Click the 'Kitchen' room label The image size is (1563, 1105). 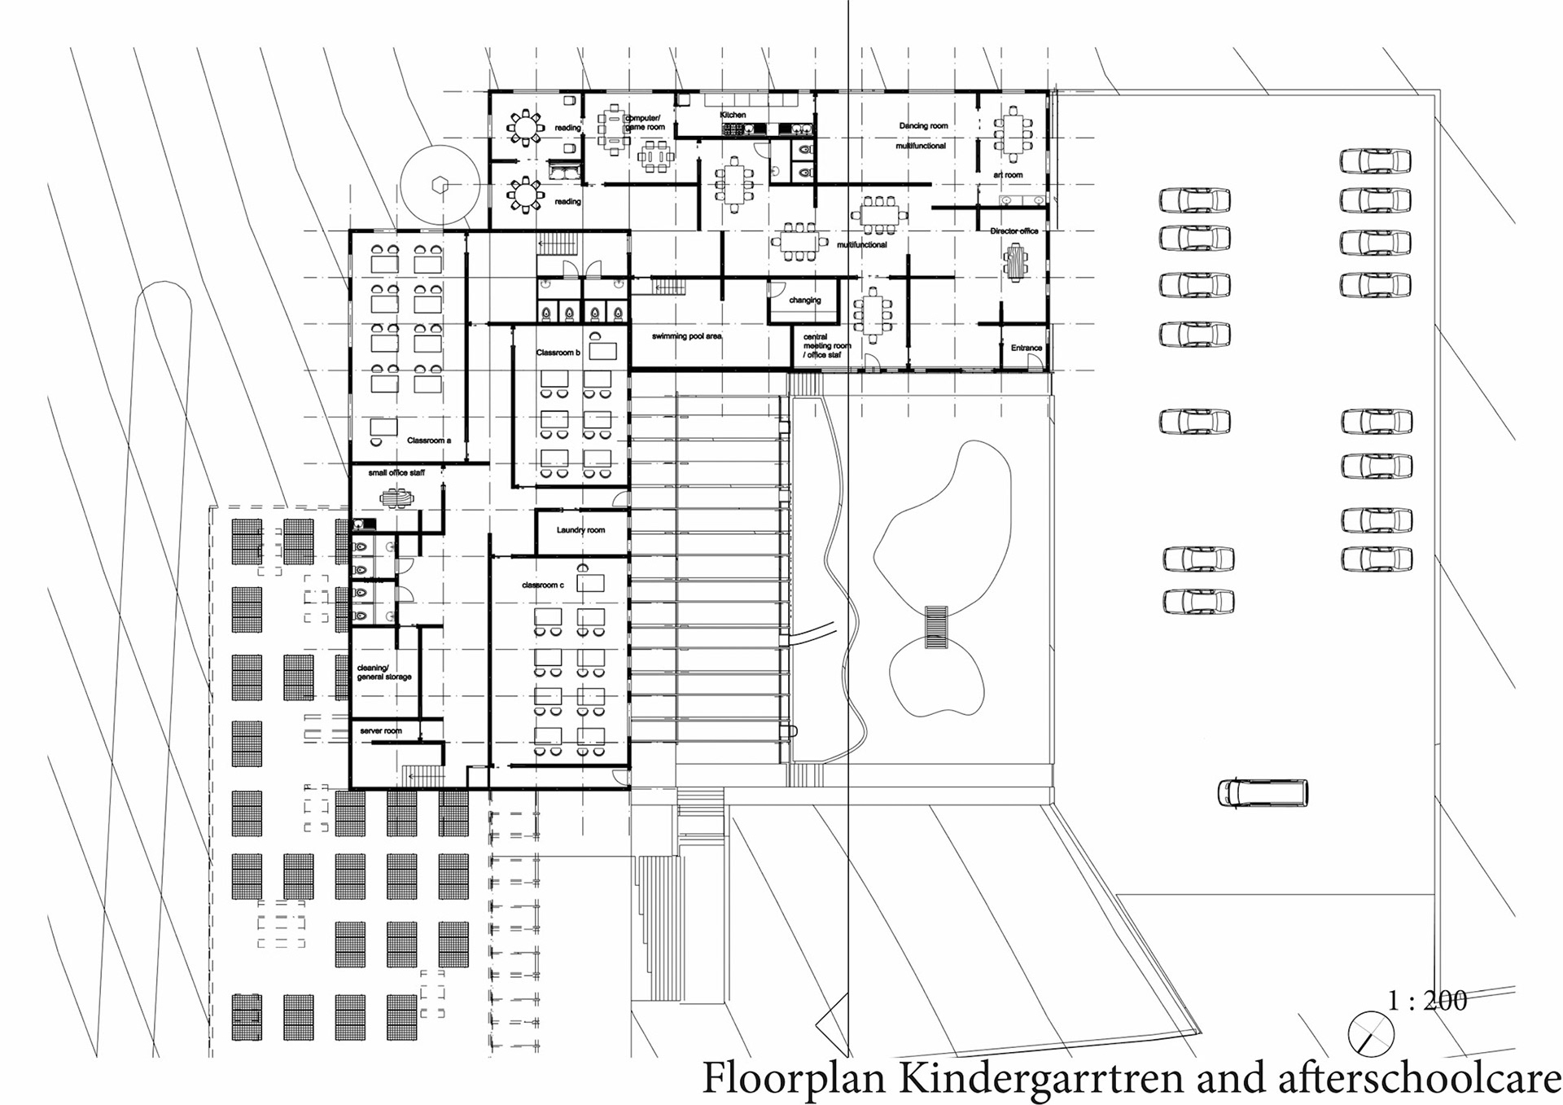coord(733,115)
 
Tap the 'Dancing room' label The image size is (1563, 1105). coord(923,126)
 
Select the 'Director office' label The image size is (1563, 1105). coord(1014,231)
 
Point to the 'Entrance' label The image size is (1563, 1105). coord(1026,348)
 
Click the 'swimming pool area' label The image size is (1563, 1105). coord(686,336)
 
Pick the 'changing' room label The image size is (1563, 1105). coord(804,300)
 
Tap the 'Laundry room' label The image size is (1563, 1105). coord(580,530)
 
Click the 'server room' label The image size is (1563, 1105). coord(381,731)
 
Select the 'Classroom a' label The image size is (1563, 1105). coord(428,441)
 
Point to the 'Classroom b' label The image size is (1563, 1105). coord(558,353)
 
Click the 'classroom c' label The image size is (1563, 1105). coord(542,585)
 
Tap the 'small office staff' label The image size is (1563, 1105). coord(396,472)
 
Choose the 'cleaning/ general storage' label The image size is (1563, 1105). coord(384,673)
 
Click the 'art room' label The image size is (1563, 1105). coord(1008,175)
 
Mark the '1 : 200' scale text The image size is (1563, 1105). coord(1427,1000)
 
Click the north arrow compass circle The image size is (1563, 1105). coord(1371,1034)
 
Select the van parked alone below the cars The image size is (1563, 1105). coord(1263,792)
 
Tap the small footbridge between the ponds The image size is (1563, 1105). coord(936,627)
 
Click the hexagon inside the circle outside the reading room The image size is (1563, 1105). coord(440,185)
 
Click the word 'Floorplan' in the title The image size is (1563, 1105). coord(794,1078)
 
